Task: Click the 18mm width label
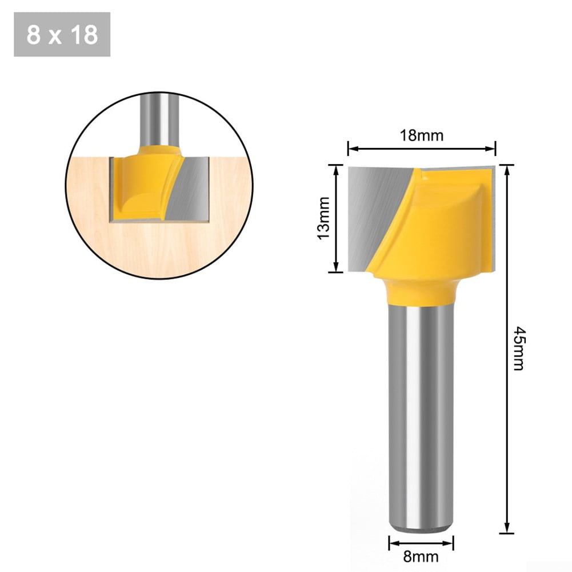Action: coord(422,135)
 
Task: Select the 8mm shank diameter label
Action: coord(422,556)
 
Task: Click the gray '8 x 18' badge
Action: coord(62,35)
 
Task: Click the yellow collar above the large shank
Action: coord(422,289)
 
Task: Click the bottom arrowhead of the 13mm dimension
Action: coord(335,269)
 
